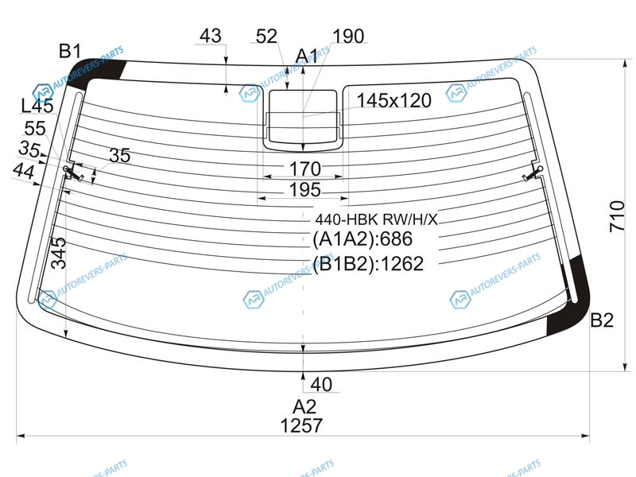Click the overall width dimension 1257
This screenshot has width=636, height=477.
coord(301,425)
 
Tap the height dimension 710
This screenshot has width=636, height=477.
coord(617,216)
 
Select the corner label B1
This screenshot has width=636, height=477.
coord(70,51)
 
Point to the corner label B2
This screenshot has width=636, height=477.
coord(602,320)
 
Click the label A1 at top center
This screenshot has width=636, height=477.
coord(307,56)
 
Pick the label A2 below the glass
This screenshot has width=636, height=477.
coord(304,406)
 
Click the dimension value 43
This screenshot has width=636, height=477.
coord(211,36)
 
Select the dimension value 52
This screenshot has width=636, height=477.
coord(266,36)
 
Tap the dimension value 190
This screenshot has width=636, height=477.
coord(348,36)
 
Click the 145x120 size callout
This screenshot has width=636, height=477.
coord(394,100)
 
